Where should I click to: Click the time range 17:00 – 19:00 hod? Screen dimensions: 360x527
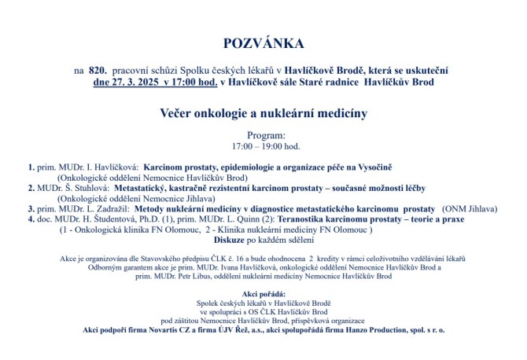(263, 146)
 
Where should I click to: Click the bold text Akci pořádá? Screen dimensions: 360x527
(263, 292)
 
